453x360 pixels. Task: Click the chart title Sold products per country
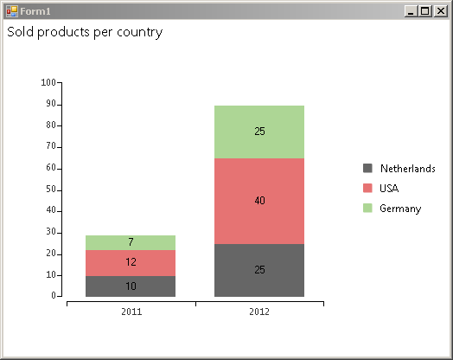click(x=85, y=32)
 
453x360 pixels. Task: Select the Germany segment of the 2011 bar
click(x=131, y=242)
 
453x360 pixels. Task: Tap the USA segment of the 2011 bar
click(x=131, y=263)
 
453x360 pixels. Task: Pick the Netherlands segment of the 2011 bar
click(x=131, y=286)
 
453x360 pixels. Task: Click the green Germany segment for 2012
click(x=259, y=132)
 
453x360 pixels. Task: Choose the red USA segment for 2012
click(x=259, y=202)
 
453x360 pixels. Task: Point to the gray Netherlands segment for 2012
click(x=259, y=270)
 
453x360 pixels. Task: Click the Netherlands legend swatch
click(x=367, y=168)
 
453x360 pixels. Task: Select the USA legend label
click(x=389, y=189)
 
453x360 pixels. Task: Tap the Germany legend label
click(x=400, y=209)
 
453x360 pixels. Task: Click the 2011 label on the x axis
click(x=131, y=312)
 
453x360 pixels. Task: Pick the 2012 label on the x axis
click(x=259, y=312)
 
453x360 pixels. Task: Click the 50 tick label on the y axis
click(x=51, y=190)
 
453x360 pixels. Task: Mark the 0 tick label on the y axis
click(x=54, y=295)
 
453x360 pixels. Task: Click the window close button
click(x=441, y=11)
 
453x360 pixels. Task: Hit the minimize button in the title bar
click(x=411, y=11)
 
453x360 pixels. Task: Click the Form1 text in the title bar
click(x=35, y=11)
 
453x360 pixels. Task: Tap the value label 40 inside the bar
click(x=259, y=201)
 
